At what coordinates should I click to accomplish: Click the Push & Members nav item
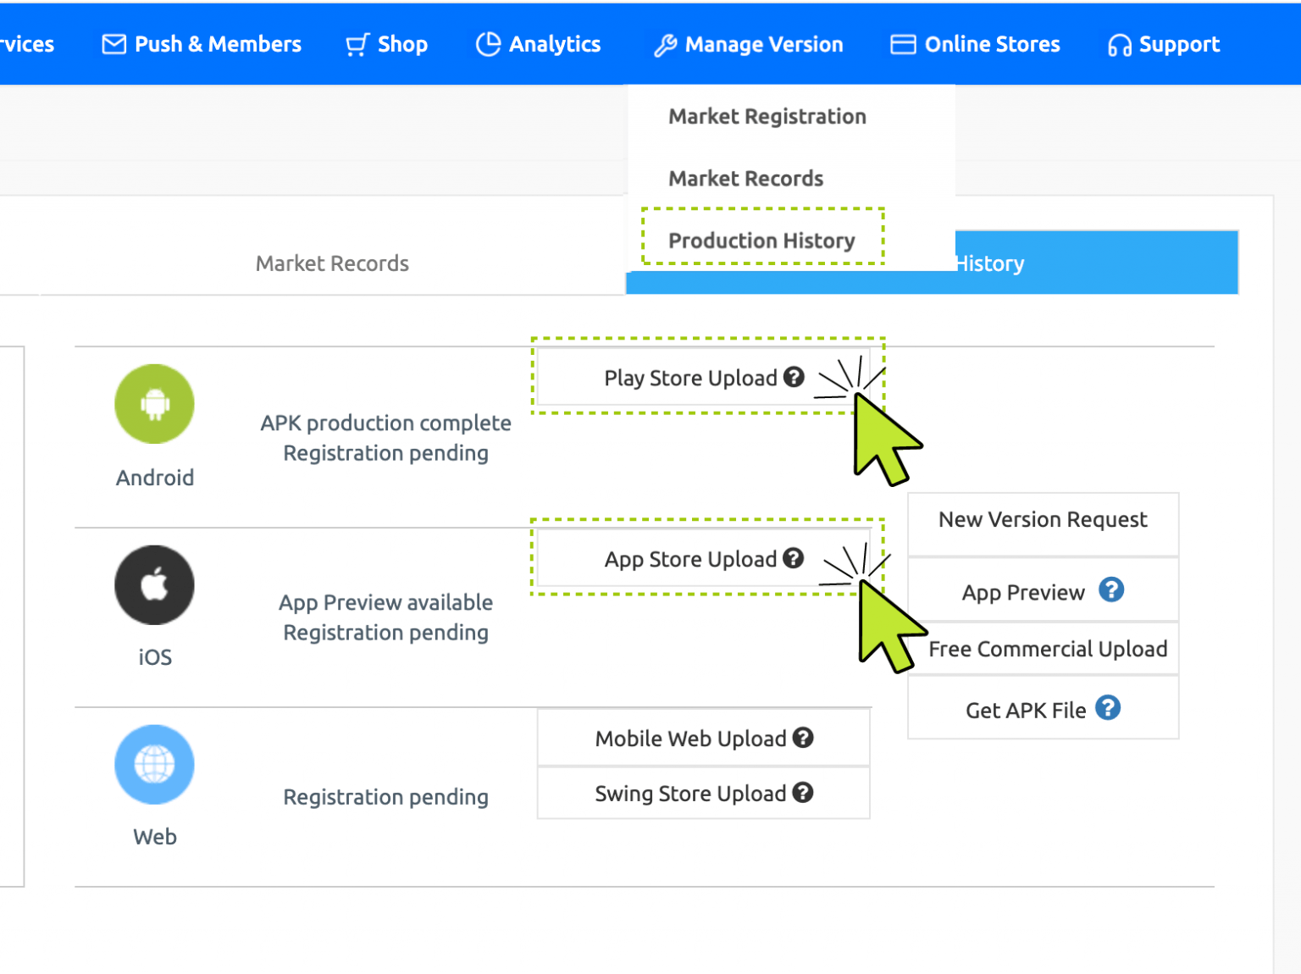pyautogui.click(x=202, y=44)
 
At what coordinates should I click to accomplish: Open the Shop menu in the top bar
pyautogui.click(x=387, y=44)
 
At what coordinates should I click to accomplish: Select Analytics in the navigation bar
pyautogui.click(x=539, y=44)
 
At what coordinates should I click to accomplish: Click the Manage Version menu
pyautogui.click(x=749, y=44)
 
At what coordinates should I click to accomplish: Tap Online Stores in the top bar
pyautogui.click(x=976, y=44)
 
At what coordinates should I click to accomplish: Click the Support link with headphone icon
pyautogui.click(x=1164, y=44)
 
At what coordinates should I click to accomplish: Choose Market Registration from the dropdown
pyautogui.click(x=767, y=116)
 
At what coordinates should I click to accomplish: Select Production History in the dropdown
pyautogui.click(x=761, y=241)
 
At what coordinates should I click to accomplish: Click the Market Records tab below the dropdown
pyautogui.click(x=332, y=263)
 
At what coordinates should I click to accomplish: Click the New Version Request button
pyautogui.click(x=1043, y=520)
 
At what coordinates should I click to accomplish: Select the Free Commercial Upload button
pyautogui.click(x=1048, y=649)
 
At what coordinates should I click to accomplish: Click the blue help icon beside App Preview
pyautogui.click(x=1111, y=589)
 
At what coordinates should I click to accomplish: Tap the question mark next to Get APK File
pyautogui.click(x=1108, y=707)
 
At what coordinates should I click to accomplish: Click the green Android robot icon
pyautogui.click(x=154, y=404)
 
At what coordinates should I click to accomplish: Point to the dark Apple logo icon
pyautogui.click(x=154, y=584)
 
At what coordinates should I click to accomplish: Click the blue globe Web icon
pyautogui.click(x=154, y=765)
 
